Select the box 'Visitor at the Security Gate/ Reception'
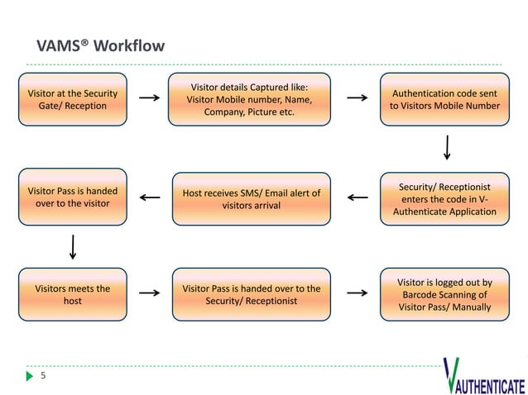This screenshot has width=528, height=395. click(x=73, y=99)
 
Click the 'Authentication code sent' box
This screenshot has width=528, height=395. click(x=444, y=99)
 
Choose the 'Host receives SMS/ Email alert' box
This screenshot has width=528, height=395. click(x=251, y=199)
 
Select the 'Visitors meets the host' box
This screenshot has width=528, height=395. click(x=73, y=295)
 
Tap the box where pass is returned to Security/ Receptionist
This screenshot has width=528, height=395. click(x=251, y=295)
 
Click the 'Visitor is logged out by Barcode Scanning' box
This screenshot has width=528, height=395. click(x=444, y=295)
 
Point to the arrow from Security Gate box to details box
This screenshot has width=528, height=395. click(x=149, y=98)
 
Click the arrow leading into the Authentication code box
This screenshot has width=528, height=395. click(x=357, y=98)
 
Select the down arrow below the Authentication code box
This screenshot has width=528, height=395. click(x=448, y=146)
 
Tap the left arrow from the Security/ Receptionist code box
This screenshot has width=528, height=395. click(x=357, y=197)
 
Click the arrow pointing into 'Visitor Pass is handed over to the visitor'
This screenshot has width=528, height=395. click(x=150, y=197)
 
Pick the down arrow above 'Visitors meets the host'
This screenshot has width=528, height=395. click(x=73, y=246)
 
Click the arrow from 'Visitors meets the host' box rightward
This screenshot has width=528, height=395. click(x=149, y=293)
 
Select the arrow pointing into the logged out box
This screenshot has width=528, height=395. click(x=357, y=293)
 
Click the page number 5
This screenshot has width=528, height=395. click(x=44, y=376)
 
